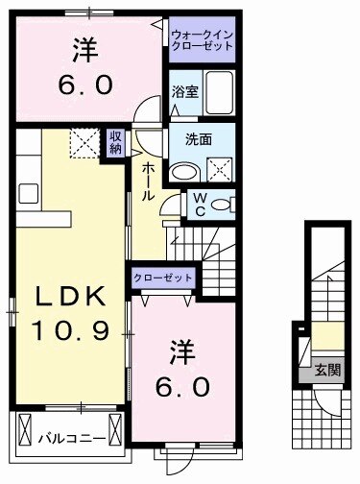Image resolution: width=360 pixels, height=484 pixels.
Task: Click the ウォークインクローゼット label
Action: point(203,41)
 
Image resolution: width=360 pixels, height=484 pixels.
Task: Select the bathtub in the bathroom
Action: point(219,94)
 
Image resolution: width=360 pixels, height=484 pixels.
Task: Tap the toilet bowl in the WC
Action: point(222,204)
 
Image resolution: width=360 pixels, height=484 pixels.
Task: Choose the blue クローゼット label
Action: point(163,278)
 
